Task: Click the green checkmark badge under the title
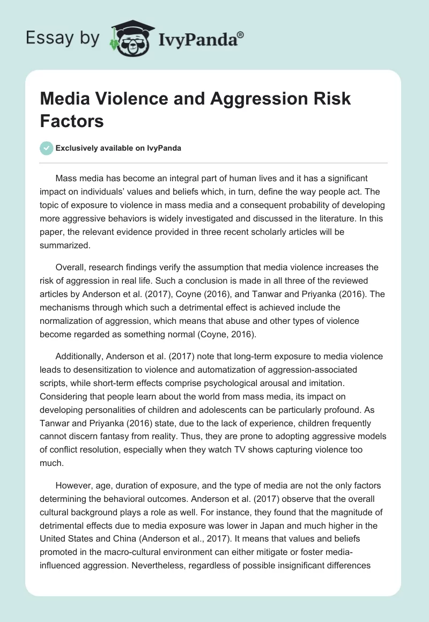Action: [47, 148]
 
